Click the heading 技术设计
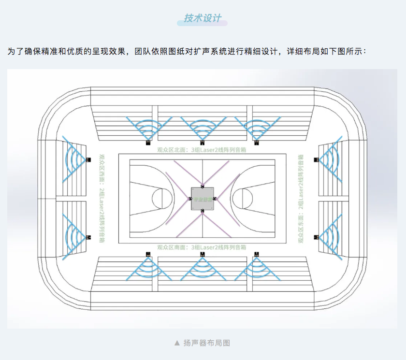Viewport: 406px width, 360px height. pos(203,18)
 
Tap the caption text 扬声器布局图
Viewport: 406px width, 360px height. pos(206,343)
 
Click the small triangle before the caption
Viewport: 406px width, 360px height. pos(176,343)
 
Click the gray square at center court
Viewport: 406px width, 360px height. pos(202,198)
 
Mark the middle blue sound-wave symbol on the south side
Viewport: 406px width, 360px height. pos(202,268)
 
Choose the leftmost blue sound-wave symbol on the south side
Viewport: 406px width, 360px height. pos(146,268)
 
